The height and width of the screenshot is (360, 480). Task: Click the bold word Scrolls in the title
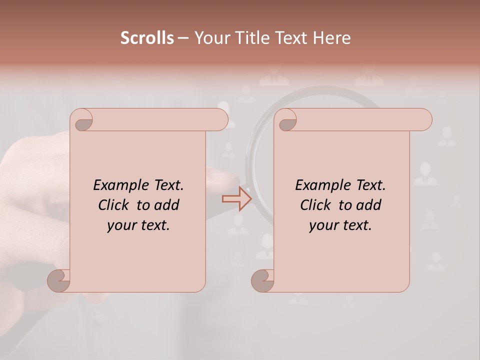click(147, 38)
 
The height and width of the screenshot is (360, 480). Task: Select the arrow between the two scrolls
click(237, 199)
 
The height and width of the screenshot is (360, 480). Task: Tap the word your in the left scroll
click(121, 225)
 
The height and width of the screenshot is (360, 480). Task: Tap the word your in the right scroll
click(323, 225)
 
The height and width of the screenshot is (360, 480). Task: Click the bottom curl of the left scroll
click(59, 281)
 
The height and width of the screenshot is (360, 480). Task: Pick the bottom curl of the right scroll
click(262, 281)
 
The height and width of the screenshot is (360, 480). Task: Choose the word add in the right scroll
click(369, 205)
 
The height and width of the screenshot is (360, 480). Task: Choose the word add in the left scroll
click(167, 205)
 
